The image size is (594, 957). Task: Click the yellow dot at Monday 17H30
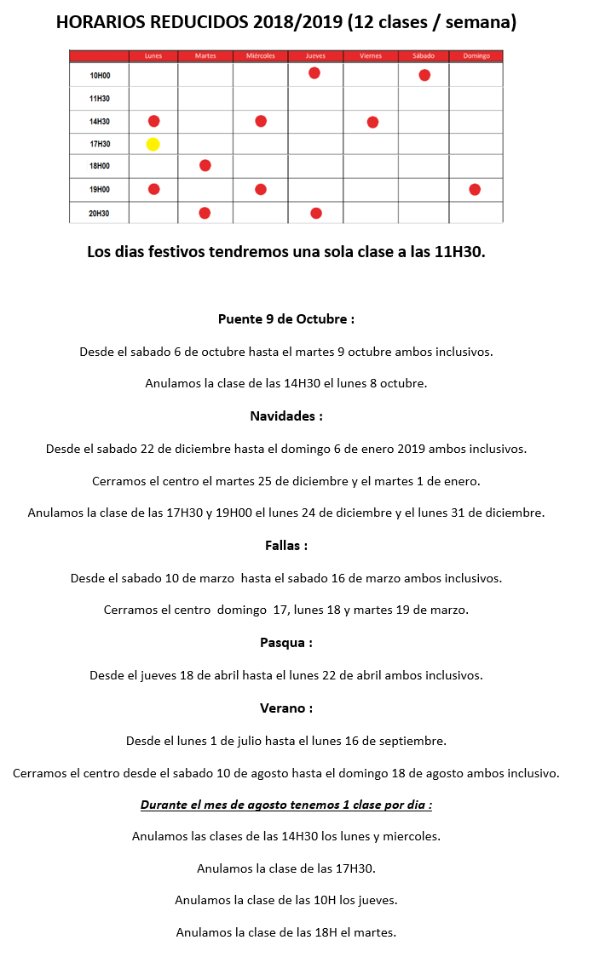(153, 144)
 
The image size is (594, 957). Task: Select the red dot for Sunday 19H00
(475, 189)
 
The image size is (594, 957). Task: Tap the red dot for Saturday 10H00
(424, 76)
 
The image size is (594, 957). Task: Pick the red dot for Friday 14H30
(372, 123)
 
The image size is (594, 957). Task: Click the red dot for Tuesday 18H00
(205, 165)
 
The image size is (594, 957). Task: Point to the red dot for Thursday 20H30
(316, 213)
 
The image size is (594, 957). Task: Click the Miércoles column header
(260, 56)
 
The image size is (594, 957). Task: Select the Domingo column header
(476, 56)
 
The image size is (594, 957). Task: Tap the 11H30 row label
(100, 99)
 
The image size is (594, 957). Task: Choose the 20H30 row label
(100, 213)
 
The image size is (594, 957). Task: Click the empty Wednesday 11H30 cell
(260, 99)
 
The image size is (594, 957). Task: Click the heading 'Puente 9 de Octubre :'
(286, 319)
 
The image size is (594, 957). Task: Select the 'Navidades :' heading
(286, 416)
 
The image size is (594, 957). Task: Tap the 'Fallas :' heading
(286, 545)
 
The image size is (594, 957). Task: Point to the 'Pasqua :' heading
(286, 643)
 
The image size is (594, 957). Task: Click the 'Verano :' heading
(286, 708)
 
